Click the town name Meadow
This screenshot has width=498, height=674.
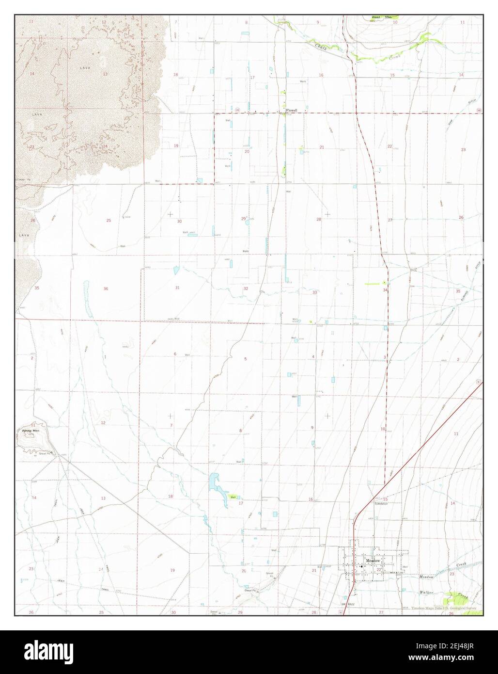[372, 560]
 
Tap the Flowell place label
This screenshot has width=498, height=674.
[291, 110]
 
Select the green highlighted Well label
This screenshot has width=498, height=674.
[233, 497]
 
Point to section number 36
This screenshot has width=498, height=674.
[106, 289]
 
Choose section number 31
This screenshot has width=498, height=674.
[177, 288]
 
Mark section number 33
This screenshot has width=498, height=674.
[314, 292]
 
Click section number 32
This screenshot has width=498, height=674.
[246, 289]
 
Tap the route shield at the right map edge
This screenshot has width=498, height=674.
[479, 111]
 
